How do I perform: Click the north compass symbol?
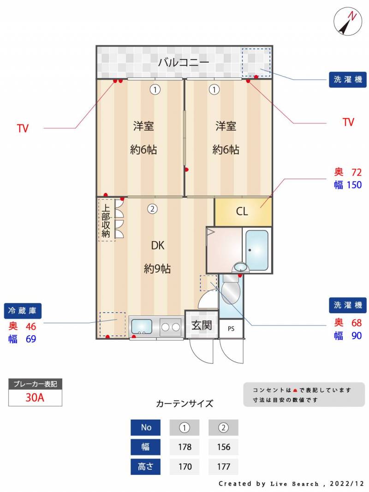348,21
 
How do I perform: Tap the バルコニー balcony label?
184,62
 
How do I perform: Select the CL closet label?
242,211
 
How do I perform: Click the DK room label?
157,245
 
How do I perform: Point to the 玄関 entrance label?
202,326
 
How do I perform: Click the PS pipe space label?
231,329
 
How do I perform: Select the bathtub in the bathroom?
256,250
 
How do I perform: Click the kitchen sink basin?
142,326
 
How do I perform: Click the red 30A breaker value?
35,397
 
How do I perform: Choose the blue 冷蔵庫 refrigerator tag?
22,311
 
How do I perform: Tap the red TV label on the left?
23,128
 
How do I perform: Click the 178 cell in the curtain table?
184,447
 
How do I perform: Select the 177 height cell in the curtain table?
223,467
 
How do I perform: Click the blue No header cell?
146,427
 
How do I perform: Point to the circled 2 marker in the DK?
153,209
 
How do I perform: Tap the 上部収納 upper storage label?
106,221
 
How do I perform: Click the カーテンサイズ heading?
184,403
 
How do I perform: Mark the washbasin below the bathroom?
240,267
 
